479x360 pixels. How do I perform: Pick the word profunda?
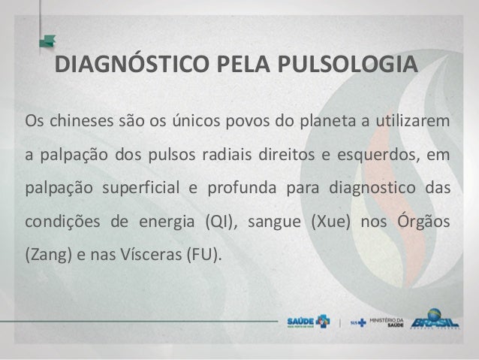[x=239, y=189]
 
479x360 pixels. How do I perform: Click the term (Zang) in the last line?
[x=44, y=256]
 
